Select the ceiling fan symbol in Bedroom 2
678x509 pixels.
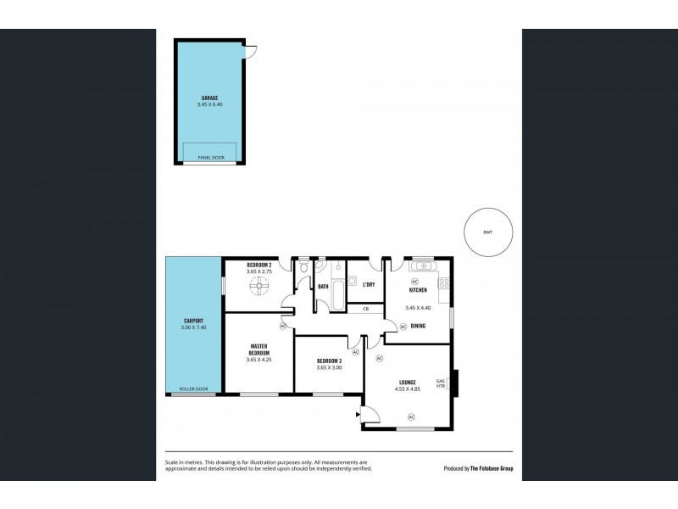pos(258,288)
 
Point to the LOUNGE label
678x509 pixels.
pos(407,383)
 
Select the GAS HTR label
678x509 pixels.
pos(440,383)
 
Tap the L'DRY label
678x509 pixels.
pos(369,284)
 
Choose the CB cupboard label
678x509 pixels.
pos(365,308)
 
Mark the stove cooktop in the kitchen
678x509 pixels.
pos(443,282)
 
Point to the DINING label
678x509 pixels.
pos(418,325)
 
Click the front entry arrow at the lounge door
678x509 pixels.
pos(359,413)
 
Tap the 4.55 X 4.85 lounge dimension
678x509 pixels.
pos(407,390)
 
